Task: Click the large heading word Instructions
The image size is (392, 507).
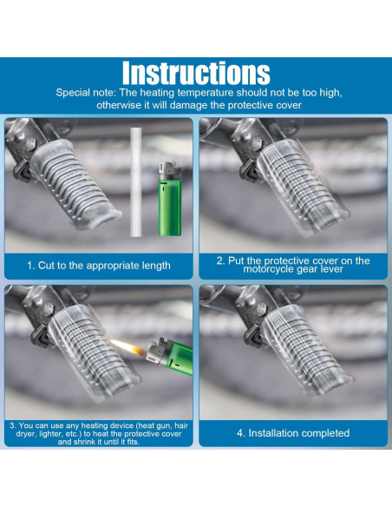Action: pyautogui.click(x=196, y=73)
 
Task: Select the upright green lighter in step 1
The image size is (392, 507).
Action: pyautogui.click(x=169, y=198)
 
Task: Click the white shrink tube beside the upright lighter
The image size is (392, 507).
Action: pyautogui.click(x=136, y=181)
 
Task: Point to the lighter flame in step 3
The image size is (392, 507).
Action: pyautogui.click(x=127, y=347)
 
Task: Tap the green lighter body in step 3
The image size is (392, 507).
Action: pyautogui.click(x=179, y=359)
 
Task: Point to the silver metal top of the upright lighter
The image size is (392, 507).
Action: pyautogui.click(x=169, y=171)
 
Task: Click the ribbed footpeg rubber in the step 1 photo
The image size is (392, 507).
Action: pyautogui.click(x=74, y=184)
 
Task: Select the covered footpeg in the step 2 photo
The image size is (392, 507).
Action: pyautogui.click(x=302, y=188)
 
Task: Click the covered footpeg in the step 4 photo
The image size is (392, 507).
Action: pyautogui.click(x=305, y=351)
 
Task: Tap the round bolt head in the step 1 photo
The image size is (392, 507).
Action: pyautogui.click(x=30, y=142)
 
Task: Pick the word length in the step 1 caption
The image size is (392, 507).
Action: pyautogui.click(x=157, y=266)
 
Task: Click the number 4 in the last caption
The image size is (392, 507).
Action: pyautogui.click(x=240, y=433)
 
